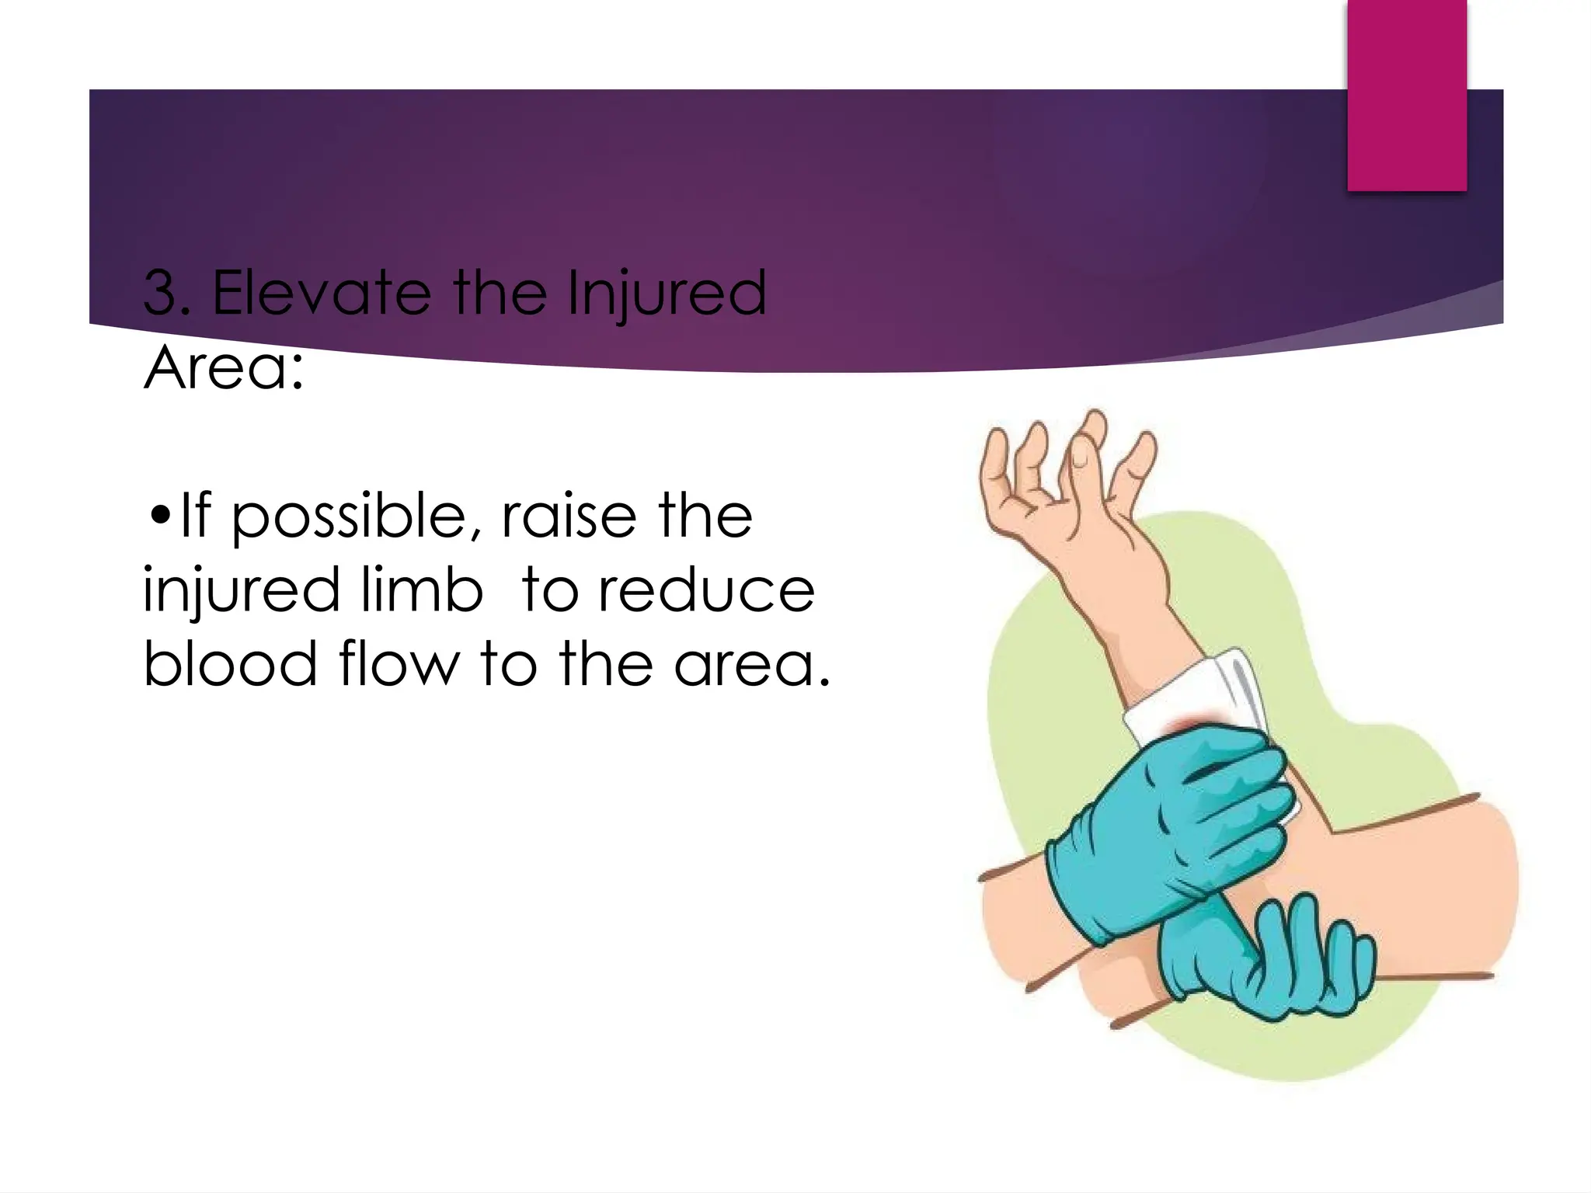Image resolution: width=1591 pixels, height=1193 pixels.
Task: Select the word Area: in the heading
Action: point(223,368)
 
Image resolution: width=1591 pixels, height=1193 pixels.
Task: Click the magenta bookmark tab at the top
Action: point(1406,93)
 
